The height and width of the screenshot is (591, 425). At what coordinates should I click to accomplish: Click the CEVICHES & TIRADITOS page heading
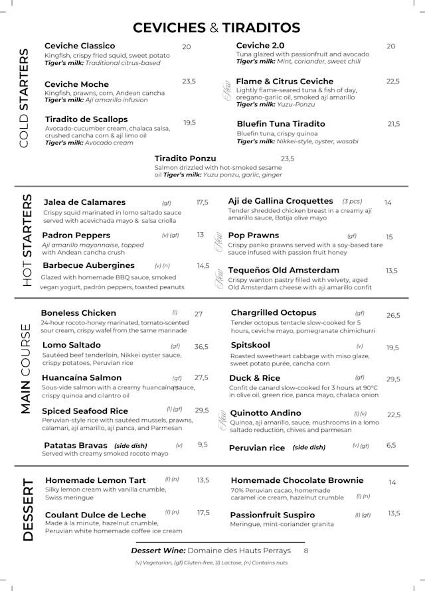[x=216, y=27]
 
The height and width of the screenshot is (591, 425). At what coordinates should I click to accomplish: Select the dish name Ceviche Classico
[x=80, y=46]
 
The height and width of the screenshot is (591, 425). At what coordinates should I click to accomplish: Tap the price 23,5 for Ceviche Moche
[x=189, y=81]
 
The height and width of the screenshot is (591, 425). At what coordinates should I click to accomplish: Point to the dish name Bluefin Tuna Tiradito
[x=281, y=124]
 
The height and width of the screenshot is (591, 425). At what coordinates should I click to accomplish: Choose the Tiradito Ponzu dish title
[x=185, y=159]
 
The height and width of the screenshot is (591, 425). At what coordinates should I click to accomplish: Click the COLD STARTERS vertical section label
[x=24, y=98]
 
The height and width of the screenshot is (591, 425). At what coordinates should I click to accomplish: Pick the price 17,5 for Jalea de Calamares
[x=202, y=203]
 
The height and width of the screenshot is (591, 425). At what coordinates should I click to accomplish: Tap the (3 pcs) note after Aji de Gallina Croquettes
[x=352, y=201]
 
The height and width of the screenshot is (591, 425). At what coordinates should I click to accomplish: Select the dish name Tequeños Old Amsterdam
[x=284, y=271]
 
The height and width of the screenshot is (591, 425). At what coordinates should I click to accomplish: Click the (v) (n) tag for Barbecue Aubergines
[x=162, y=266]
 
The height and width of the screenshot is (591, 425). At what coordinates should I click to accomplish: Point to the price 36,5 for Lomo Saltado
[x=201, y=347]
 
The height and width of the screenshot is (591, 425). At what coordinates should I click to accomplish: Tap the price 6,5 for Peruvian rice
[x=391, y=445]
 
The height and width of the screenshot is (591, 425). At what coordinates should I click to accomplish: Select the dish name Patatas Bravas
[x=70, y=445]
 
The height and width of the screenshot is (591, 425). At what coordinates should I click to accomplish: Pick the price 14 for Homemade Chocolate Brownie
[x=392, y=483]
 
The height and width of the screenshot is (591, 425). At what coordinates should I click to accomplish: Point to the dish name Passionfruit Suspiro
[x=272, y=515]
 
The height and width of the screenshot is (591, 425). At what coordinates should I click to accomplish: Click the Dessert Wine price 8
[x=306, y=551]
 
